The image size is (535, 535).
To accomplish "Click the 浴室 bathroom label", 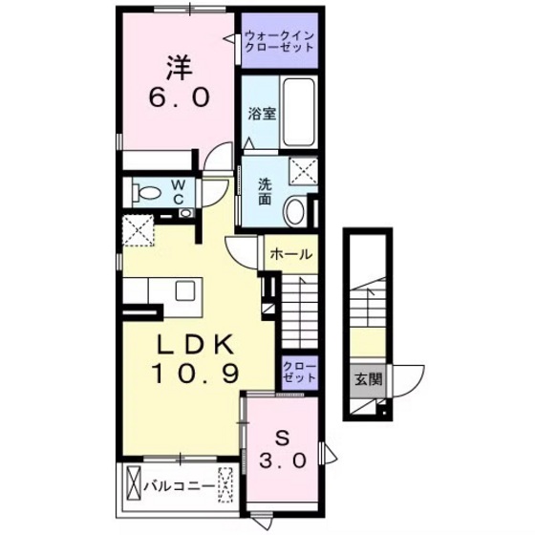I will pyautogui.click(x=261, y=114).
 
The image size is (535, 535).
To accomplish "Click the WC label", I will pyautogui.click(x=179, y=191).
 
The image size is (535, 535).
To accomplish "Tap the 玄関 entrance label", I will pyautogui.click(x=367, y=379).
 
